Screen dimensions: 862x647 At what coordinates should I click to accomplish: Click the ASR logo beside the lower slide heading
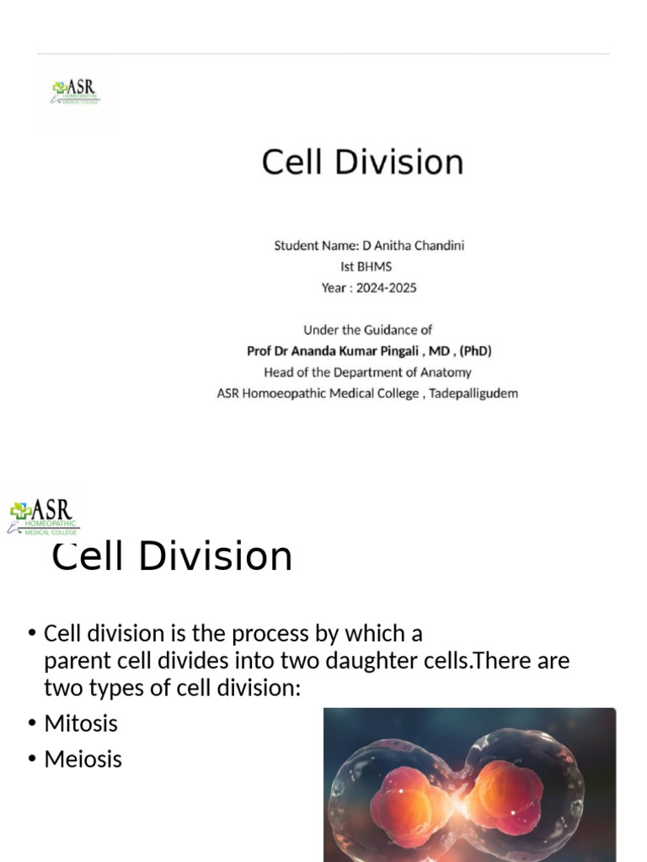click(44, 515)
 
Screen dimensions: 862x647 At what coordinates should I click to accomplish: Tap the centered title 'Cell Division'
click(362, 162)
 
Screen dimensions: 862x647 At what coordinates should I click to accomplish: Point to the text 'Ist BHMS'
click(366, 267)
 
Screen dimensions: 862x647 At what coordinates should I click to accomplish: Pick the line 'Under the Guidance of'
click(367, 330)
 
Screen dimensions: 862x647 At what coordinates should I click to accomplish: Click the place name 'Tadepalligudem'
click(473, 393)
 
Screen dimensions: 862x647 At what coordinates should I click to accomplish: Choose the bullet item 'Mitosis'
click(81, 724)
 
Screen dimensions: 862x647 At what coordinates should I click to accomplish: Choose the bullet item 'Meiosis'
click(83, 759)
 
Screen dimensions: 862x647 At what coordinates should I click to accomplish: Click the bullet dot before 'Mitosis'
click(32, 724)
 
